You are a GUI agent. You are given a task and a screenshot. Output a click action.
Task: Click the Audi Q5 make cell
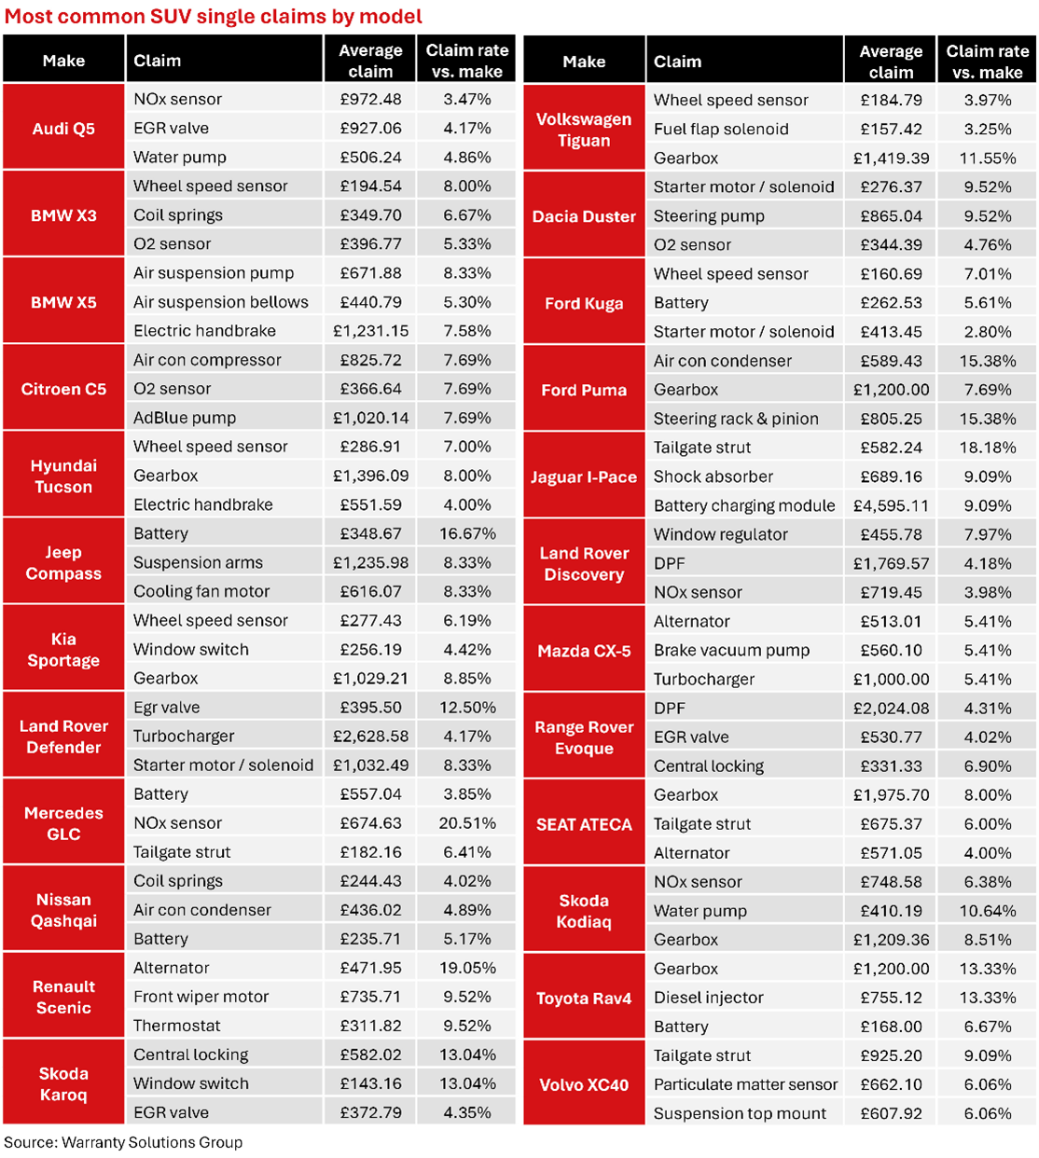[63, 128]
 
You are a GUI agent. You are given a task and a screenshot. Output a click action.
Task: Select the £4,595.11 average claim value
[891, 505]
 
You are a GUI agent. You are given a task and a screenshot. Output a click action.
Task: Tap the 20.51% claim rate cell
[467, 822]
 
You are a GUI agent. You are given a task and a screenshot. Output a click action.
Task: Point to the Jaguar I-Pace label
[584, 476]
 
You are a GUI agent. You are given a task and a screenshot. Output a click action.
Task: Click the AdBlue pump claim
[185, 418]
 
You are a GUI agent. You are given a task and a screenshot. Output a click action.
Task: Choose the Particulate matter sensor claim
[745, 1084]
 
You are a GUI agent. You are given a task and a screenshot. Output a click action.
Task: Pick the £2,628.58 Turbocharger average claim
[370, 736]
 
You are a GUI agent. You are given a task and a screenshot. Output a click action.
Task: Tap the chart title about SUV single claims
[213, 16]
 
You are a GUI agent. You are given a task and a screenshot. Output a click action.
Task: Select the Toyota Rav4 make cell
[584, 998]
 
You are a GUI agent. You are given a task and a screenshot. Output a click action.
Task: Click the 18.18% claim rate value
[988, 448]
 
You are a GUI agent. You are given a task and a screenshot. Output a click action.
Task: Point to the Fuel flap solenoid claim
[721, 130]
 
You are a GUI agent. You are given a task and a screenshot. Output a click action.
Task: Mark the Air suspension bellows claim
[221, 302]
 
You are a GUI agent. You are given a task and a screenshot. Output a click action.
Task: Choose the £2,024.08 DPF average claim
[891, 709]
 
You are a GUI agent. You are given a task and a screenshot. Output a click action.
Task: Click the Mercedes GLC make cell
[63, 823]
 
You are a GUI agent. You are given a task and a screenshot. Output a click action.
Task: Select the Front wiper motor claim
[201, 997]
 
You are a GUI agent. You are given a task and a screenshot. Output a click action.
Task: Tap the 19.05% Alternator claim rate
[467, 968]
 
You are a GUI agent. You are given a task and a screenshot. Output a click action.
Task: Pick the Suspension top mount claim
[740, 1113]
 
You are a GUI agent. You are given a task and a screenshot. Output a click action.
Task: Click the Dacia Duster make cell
[584, 216]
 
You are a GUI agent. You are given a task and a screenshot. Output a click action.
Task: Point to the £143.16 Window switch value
[370, 1083]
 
